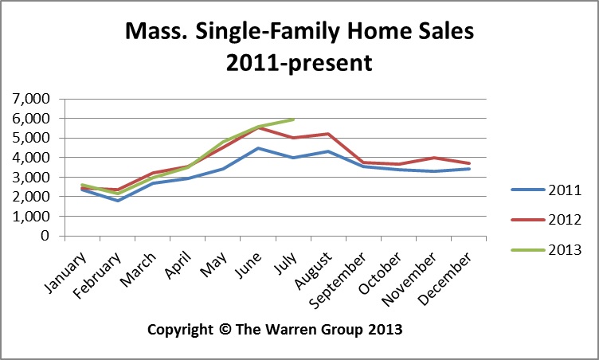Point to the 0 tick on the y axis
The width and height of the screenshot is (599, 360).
pos(45,236)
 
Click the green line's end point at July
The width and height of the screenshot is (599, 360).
pos(294,119)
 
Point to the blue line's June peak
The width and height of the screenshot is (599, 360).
pos(258,148)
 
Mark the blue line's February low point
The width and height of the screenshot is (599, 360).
pos(119,201)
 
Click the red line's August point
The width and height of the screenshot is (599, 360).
pos(328,134)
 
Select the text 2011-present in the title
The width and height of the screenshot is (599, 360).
pos(299,62)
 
